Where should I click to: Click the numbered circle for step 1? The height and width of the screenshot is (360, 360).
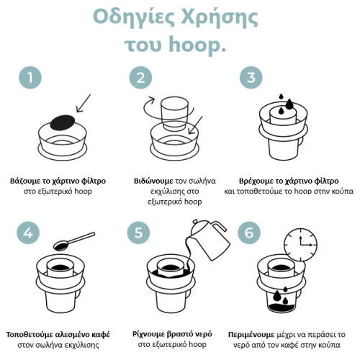click(28, 78)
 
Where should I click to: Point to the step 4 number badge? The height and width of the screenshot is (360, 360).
click(28, 233)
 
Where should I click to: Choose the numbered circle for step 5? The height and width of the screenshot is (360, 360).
click(140, 233)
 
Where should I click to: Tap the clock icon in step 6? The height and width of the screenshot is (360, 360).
click(300, 246)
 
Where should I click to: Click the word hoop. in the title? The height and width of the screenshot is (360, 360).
click(196, 45)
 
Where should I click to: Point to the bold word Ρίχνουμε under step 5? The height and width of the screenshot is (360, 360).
click(149, 334)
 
